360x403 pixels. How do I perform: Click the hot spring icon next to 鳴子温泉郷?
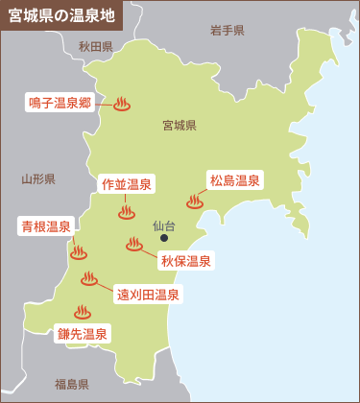click(x=122, y=105)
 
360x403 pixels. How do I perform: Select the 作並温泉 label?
click(x=126, y=183)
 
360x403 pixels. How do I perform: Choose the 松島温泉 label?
click(x=234, y=179)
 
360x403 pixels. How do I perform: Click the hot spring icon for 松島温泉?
click(x=195, y=201)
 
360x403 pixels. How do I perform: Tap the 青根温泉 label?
click(x=46, y=227)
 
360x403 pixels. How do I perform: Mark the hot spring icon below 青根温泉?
click(x=79, y=254)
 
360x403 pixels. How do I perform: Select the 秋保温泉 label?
click(x=186, y=260)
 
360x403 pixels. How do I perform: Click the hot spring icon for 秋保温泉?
click(x=134, y=245)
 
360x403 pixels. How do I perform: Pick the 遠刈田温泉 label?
click(x=148, y=295)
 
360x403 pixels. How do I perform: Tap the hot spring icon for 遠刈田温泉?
click(x=89, y=278)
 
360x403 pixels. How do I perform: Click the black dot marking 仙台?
click(x=164, y=239)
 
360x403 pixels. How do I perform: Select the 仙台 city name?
click(x=165, y=225)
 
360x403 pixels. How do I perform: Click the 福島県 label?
click(x=71, y=385)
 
